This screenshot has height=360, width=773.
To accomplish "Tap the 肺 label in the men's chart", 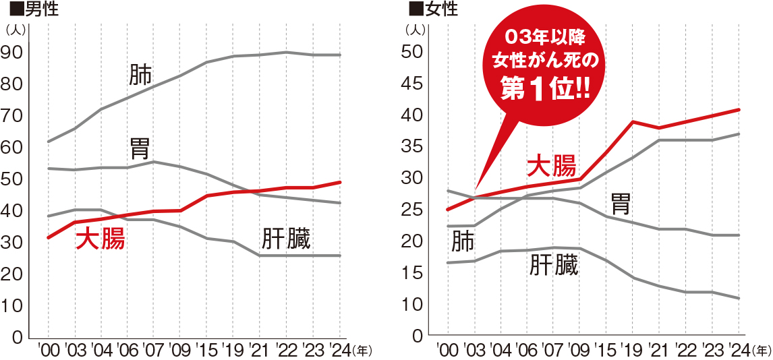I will (x=140, y=75).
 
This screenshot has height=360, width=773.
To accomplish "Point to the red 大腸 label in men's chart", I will (x=100, y=239).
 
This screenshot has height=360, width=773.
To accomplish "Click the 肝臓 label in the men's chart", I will (x=286, y=239).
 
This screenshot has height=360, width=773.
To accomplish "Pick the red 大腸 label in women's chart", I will (x=551, y=165).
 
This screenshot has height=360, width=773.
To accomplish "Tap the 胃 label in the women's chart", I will (x=621, y=202).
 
